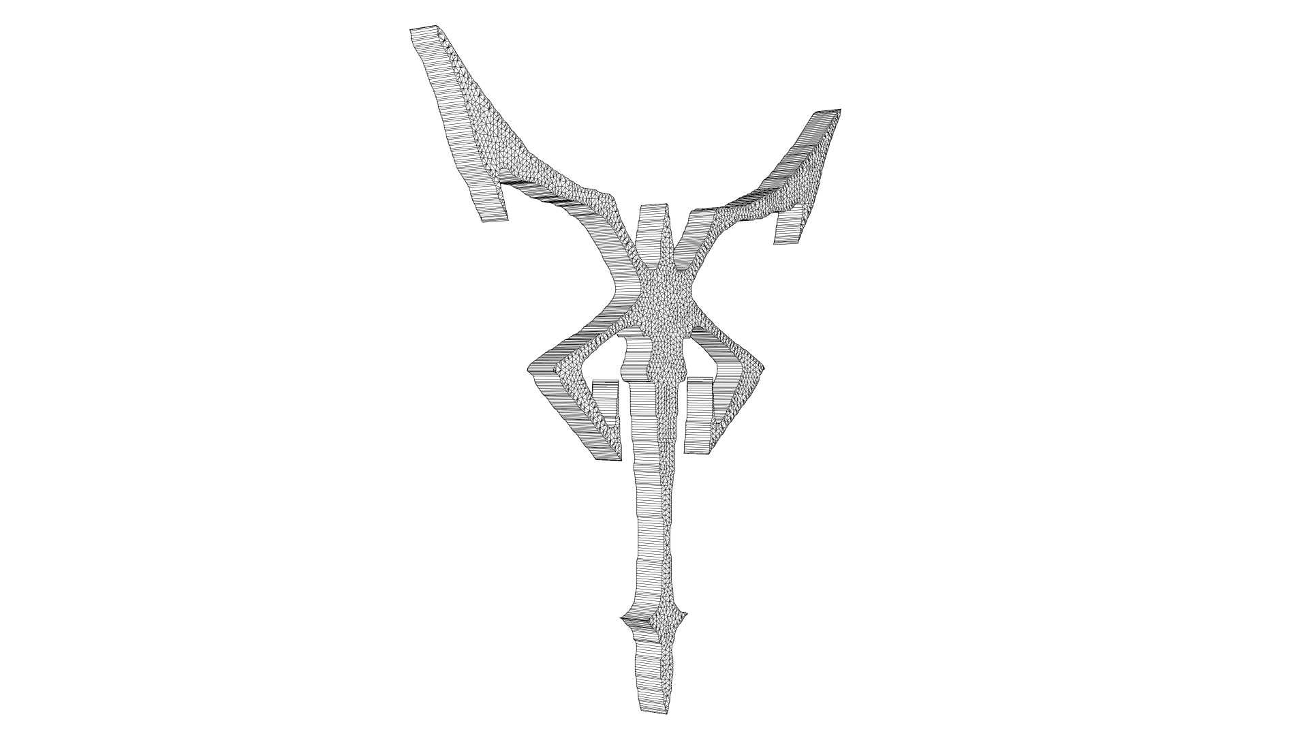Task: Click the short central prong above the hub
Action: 652,211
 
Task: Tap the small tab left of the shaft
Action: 128,402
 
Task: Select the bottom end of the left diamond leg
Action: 608,457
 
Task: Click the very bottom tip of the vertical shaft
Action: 653,711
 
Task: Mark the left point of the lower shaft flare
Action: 623,618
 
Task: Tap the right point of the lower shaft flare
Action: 687,615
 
